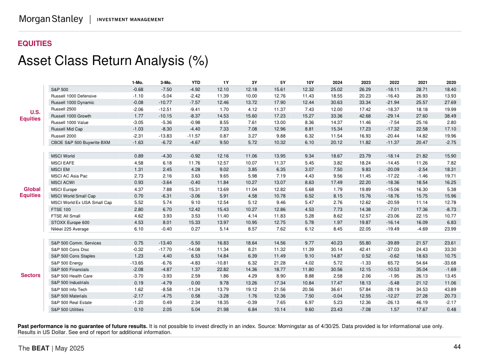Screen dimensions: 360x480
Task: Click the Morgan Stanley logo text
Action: pos(50,19)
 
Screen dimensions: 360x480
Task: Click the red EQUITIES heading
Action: pos(34,43)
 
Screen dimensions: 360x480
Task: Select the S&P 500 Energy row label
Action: pos(68,262)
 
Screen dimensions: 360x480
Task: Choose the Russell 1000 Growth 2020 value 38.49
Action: pos(450,115)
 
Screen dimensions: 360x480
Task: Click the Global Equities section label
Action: pos(32,192)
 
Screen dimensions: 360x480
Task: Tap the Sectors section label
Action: pos(30,275)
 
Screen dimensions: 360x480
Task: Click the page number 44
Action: pos(457,347)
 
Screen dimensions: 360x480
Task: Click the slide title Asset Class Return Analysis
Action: pos(112,61)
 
